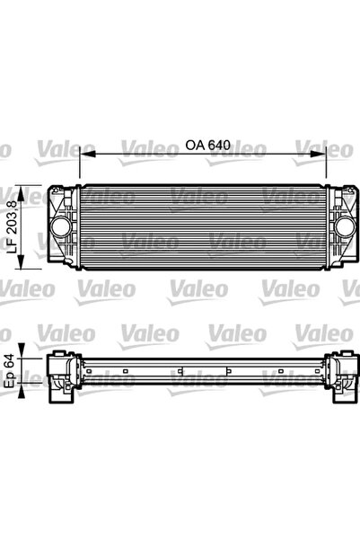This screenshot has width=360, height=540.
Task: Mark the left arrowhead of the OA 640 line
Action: (x=83, y=155)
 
